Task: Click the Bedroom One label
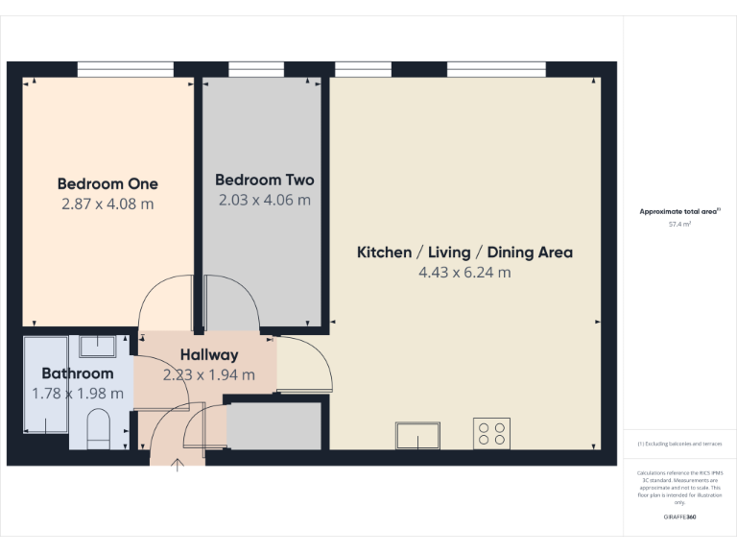pyautogui.click(x=107, y=183)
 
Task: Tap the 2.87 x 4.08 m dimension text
pyautogui.click(x=107, y=204)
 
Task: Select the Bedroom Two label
pyautogui.click(x=264, y=180)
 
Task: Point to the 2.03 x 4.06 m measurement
pyautogui.click(x=264, y=200)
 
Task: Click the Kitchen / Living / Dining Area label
pyautogui.click(x=464, y=252)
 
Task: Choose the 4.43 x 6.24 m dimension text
pyautogui.click(x=464, y=273)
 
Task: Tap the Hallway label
pyautogui.click(x=208, y=355)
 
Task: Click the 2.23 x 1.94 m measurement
pyautogui.click(x=208, y=374)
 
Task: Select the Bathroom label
pyautogui.click(x=77, y=373)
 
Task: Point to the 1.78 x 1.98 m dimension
pyautogui.click(x=77, y=393)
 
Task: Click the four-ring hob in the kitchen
pyautogui.click(x=491, y=434)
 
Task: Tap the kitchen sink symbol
pyautogui.click(x=417, y=436)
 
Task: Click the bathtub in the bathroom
pyautogui.click(x=44, y=384)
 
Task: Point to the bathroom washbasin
pyautogui.click(x=98, y=346)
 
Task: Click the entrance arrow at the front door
pyautogui.click(x=178, y=467)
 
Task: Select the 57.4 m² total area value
pyautogui.click(x=679, y=224)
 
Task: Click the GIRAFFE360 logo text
pyautogui.click(x=679, y=517)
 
